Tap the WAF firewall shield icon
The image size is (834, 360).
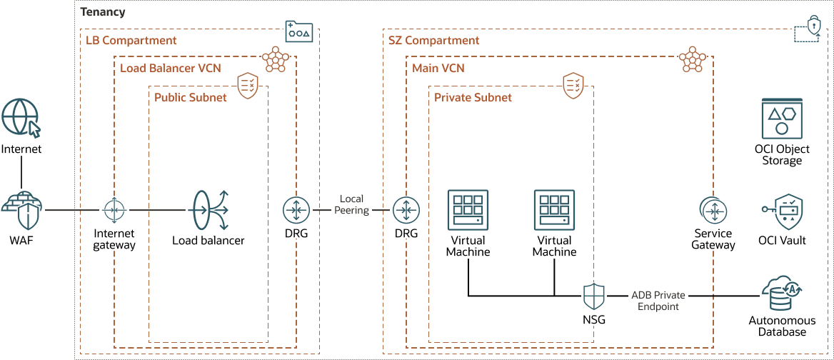pos(21,210)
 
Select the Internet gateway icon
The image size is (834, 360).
pos(114,210)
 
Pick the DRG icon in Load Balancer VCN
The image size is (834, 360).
pos(296,210)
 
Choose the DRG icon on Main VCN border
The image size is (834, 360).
pos(406,210)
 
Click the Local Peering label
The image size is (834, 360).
pos(351,204)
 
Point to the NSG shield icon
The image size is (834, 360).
pos(594,295)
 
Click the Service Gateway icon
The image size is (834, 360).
pos(713,210)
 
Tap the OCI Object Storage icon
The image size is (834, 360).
pos(782,119)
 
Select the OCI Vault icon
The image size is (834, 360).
pos(783,211)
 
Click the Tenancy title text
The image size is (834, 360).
pos(103,12)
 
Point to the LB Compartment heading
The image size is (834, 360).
pos(131,41)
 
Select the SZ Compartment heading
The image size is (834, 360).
pos(433,41)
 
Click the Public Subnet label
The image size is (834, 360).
pos(190,97)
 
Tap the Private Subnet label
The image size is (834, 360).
pos(473,97)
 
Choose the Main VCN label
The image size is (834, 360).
pos(438,68)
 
